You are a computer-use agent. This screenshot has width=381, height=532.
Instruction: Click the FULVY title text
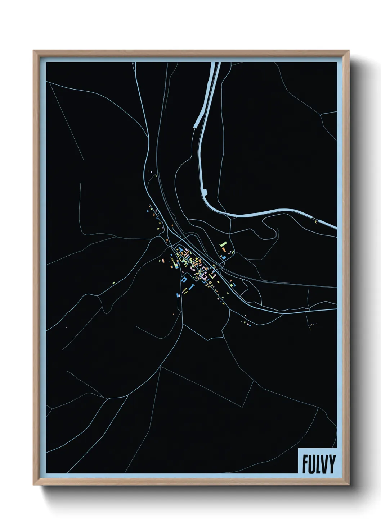pyautogui.click(x=319, y=464)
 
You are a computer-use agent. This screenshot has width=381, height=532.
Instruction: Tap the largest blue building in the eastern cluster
pyautogui.click(x=224, y=257)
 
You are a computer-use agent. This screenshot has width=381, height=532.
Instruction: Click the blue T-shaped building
pyautogui.click(x=192, y=287)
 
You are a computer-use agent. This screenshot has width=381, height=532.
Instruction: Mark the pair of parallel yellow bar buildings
pyautogui.click(x=185, y=291)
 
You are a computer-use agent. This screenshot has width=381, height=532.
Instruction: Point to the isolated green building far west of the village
pyautogui.click(x=113, y=283)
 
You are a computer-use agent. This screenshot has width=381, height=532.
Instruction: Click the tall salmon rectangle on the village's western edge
pyautogui.click(x=163, y=260)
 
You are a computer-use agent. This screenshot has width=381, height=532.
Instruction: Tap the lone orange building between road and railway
pyautogui.click(x=172, y=225)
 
